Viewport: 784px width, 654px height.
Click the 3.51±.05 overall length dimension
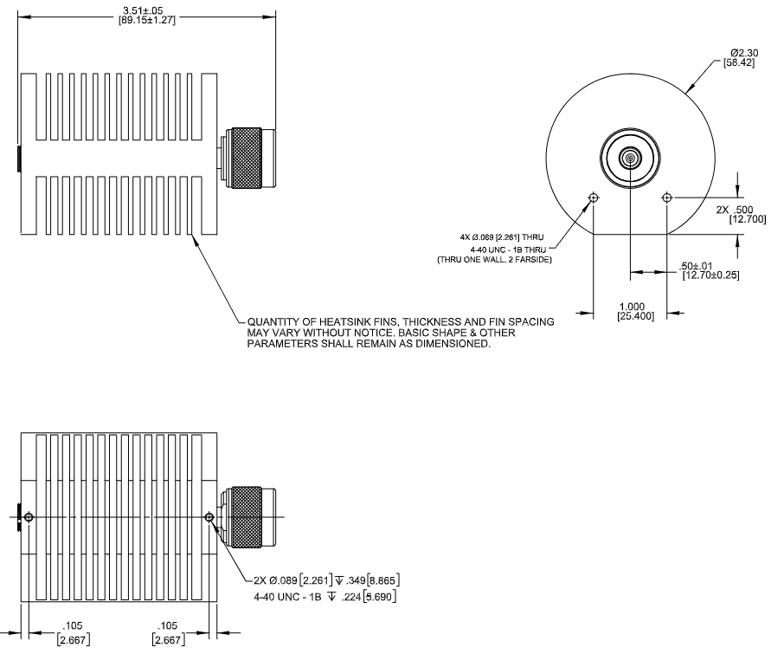tap(143, 10)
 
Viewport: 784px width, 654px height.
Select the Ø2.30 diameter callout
tap(744, 53)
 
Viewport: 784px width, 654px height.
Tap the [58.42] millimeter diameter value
tap(739, 62)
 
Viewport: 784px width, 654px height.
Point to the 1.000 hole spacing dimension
tap(632, 307)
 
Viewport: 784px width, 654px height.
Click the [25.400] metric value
tap(635, 316)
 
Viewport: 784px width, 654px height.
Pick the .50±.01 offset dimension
tap(696, 266)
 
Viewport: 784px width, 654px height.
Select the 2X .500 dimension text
tap(735, 210)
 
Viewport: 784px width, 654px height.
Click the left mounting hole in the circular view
tap(594, 197)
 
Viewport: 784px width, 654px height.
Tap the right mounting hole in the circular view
tap(666, 197)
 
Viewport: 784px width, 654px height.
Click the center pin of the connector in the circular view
tap(630, 159)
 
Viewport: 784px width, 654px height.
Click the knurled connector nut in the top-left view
tap(247, 159)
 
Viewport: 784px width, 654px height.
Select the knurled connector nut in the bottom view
tap(247, 517)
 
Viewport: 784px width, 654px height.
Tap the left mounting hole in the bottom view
tap(29, 517)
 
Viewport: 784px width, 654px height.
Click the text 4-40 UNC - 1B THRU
tap(508, 249)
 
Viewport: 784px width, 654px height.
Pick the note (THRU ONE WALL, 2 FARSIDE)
tap(494, 260)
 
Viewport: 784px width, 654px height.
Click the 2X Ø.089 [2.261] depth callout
tap(326, 580)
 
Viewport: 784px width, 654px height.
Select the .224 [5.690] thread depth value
tap(369, 597)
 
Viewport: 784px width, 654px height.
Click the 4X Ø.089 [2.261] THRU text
tap(502, 237)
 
